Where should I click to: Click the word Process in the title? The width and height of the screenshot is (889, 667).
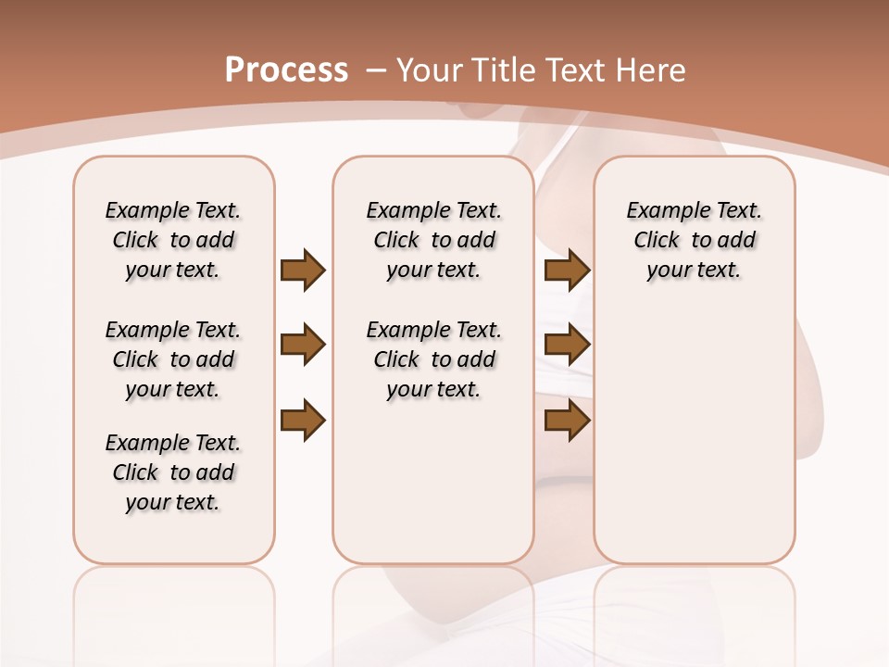pyautogui.click(x=286, y=70)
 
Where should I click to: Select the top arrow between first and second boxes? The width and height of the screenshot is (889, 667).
pyautogui.click(x=303, y=271)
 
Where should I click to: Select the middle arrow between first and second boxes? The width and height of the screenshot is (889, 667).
pyautogui.click(x=303, y=346)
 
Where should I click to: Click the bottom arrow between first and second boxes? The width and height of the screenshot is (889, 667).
pyautogui.click(x=303, y=421)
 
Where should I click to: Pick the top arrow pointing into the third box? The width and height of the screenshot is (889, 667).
pyautogui.click(x=567, y=271)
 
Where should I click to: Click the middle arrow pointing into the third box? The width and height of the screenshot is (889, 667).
pyautogui.click(x=567, y=346)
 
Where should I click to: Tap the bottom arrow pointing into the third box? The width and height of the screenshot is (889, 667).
pyautogui.click(x=567, y=421)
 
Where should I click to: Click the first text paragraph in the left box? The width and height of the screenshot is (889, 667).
pyautogui.click(x=173, y=240)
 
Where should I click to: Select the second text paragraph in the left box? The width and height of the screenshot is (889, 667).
pyautogui.click(x=173, y=359)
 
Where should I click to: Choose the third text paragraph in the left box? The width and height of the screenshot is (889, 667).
pyautogui.click(x=173, y=472)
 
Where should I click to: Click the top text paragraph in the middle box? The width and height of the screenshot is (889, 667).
pyautogui.click(x=433, y=240)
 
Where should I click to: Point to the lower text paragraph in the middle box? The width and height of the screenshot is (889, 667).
pyautogui.click(x=433, y=359)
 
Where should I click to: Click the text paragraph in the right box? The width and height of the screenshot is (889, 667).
pyautogui.click(x=694, y=240)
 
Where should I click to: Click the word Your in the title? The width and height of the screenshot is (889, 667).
pyautogui.click(x=430, y=70)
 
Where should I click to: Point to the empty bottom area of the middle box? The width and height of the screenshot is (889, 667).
pyautogui.click(x=433, y=491)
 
